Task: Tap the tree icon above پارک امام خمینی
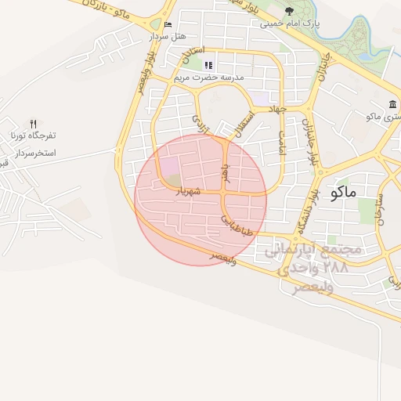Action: [x=290, y=11]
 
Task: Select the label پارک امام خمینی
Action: [x=289, y=23]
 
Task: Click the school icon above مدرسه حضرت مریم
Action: [x=208, y=66]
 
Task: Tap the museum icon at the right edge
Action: [x=392, y=105]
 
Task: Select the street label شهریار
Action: [x=188, y=191]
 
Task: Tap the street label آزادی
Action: [x=199, y=121]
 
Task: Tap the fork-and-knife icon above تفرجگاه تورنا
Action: [x=33, y=124]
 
